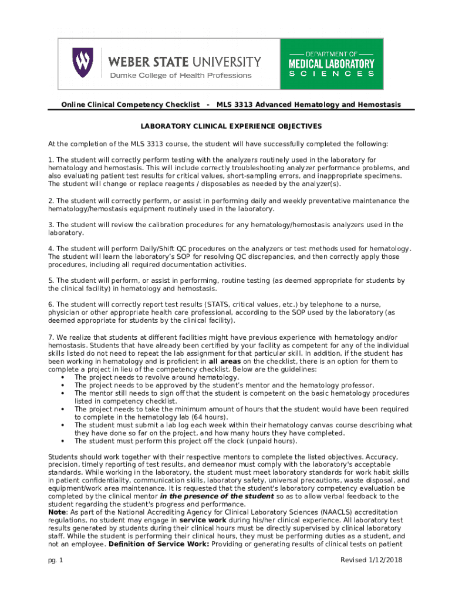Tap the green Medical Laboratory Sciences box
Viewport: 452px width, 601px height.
(x=332, y=64)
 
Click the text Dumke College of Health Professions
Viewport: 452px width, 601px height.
(x=181, y=75)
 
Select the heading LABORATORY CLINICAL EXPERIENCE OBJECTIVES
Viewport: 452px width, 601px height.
(x=230, y=126)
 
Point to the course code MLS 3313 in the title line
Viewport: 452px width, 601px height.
(x=233, y=104)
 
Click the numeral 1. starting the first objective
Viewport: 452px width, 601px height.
(x=51, y=160)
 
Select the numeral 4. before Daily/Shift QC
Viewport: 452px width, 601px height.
(x=51, y=249)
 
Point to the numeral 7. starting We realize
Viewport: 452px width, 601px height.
(x=51, y=337)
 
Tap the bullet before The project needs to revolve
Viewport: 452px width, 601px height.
(x=63, y=377)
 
